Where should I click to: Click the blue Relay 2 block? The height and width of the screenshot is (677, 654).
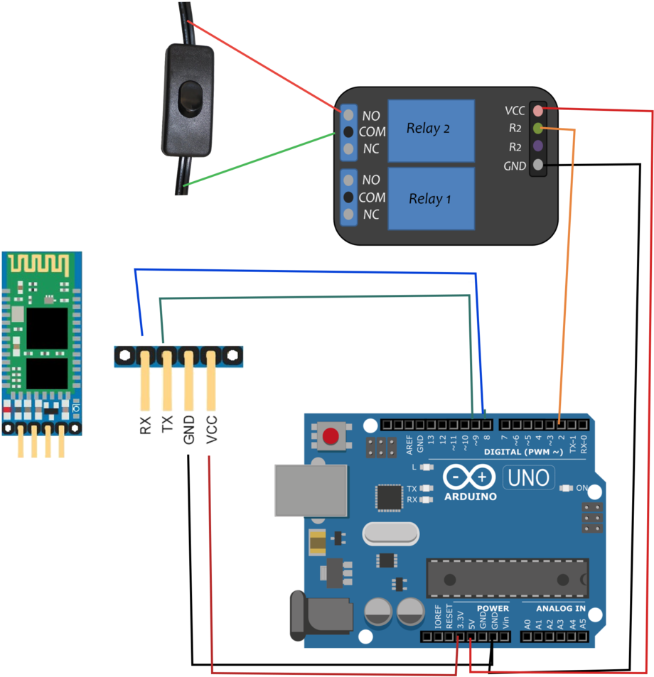point(431,131)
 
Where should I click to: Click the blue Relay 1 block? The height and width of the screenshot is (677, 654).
point(431,199)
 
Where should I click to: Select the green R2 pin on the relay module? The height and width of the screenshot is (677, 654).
point(538,129)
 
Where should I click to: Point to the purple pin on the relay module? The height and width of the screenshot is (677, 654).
point(538,146)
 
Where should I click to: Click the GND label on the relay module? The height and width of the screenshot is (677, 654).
point(514,166)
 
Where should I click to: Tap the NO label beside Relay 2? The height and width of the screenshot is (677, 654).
point(371,115)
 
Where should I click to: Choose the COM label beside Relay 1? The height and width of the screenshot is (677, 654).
point(372,197)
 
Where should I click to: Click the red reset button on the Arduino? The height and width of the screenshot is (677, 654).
point(330,437)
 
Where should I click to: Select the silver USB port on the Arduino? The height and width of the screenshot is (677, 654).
point(311,490)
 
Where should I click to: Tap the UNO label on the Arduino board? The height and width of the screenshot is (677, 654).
point(530,477)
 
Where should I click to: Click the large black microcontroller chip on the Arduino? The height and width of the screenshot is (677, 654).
point(507,578)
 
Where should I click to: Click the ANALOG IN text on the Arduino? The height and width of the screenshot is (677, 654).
point(561,609)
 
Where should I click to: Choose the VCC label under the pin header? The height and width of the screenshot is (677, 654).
point(211,430)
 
